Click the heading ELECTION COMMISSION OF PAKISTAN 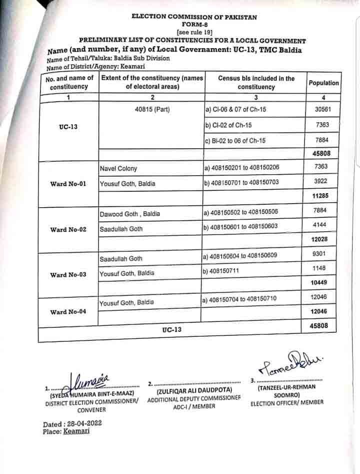(194, 17)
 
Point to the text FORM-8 (194, 24)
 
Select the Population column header (323, 83)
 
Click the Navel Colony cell (118, 169)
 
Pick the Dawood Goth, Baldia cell (130, 214)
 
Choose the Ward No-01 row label (68, 184)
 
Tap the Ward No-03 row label (68, 275)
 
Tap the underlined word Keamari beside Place (76, 431)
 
